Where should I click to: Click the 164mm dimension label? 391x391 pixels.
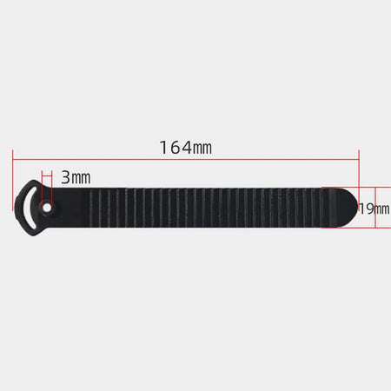coord(185,148)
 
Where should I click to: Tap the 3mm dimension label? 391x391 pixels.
coord(76,177)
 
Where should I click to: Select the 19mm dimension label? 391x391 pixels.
coord(374,209)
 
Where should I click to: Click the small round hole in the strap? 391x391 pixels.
coord(47,208)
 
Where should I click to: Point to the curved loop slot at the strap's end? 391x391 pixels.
coord(29,208)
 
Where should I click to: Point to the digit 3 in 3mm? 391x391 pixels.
coord(65,177)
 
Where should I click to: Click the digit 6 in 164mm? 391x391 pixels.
coord(174,148)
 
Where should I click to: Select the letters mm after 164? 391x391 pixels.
coord(202,149)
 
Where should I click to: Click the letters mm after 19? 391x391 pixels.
coord(382,209)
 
